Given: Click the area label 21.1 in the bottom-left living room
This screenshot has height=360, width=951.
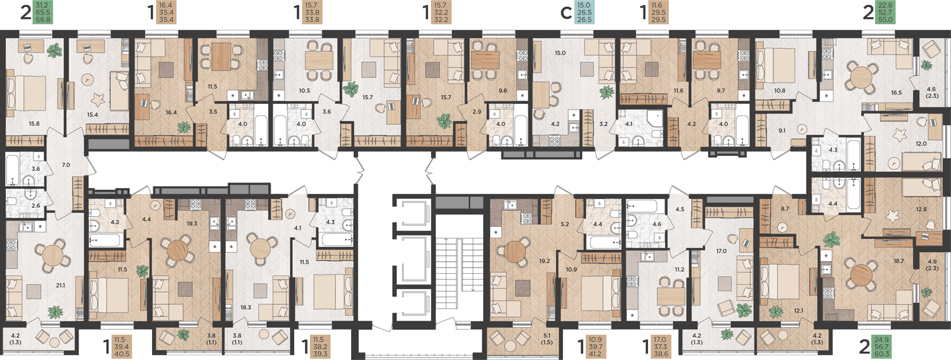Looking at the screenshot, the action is [x=61, y=286].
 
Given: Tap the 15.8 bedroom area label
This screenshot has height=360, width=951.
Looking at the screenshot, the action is [x=34, y=124].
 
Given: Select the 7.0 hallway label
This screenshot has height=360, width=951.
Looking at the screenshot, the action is [x=66, y=165].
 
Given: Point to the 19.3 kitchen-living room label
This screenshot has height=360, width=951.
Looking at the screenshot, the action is [x=192, y=223].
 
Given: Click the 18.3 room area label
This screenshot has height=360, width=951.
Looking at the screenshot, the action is [x=246, y=307].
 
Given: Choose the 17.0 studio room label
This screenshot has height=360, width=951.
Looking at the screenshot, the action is [x=721, y=251].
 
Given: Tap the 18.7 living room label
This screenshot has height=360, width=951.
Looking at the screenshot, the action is [x=898, y=261].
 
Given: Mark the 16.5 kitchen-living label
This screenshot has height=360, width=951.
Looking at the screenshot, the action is [x=896, y=93].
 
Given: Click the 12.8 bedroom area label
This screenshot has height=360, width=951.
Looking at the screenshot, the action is [x=921, y=209].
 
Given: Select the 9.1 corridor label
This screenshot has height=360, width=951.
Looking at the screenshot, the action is [x=782, y=131].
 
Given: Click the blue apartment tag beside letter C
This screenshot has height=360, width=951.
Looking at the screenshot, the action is [x=584, y=12].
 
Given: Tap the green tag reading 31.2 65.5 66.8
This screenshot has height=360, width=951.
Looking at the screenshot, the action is [x=43, y=12].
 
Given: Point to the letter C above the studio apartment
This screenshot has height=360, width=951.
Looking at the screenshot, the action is [x=566, y=13].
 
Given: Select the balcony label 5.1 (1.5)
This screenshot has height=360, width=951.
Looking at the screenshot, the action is [x=547, y=339].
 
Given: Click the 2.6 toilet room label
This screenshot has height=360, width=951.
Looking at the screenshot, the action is [x=36, y=206].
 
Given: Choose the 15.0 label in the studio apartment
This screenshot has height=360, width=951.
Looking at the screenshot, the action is [x=560, y=53].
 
